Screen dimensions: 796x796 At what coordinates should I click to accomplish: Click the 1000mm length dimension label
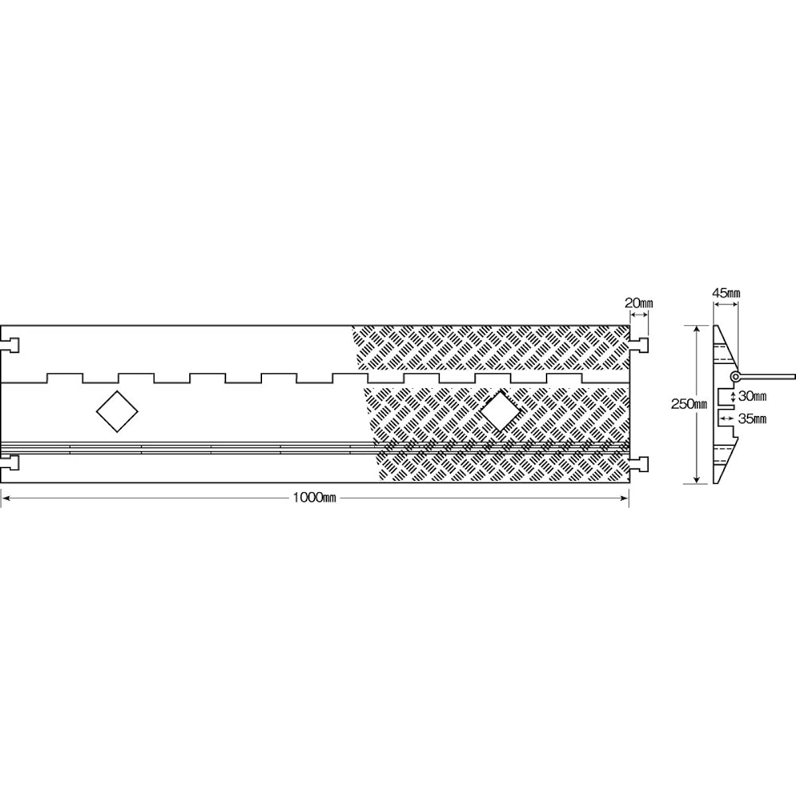tap(314, 497)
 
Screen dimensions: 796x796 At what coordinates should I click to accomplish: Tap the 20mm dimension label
tap(639, 304)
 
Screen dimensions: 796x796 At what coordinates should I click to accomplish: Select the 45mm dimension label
tap(726, 293)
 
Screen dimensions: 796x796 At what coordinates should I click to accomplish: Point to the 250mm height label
tap(689, 404)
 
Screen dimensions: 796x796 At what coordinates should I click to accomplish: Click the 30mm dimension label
tap(752, 397)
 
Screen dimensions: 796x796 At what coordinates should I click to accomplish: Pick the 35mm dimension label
tap(752, 419)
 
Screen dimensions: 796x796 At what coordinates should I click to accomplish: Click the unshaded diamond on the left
tap(117, 411)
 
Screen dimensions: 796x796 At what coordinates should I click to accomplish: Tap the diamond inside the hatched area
tap(501, 411)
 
